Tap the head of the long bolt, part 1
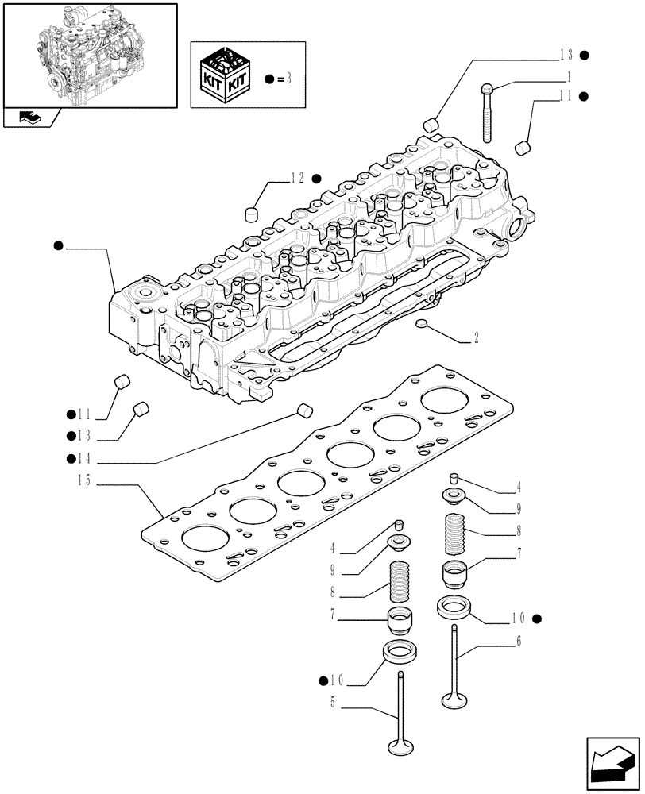(485, 90)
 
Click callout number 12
(297, 178)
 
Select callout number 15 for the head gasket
(83, 480)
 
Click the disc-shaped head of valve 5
(400, 746)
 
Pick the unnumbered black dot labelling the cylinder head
(58, 247)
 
